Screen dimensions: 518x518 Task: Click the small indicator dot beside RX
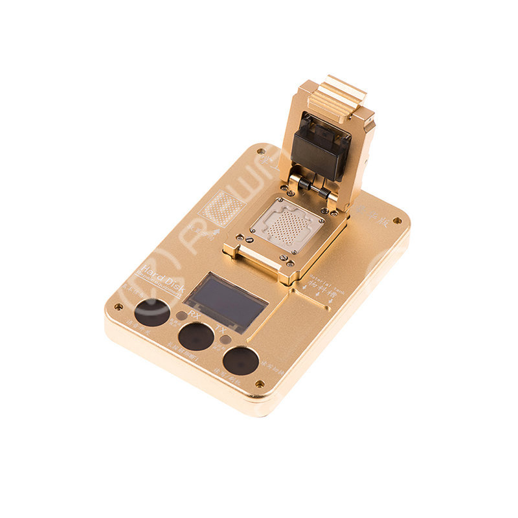pos(181,315)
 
